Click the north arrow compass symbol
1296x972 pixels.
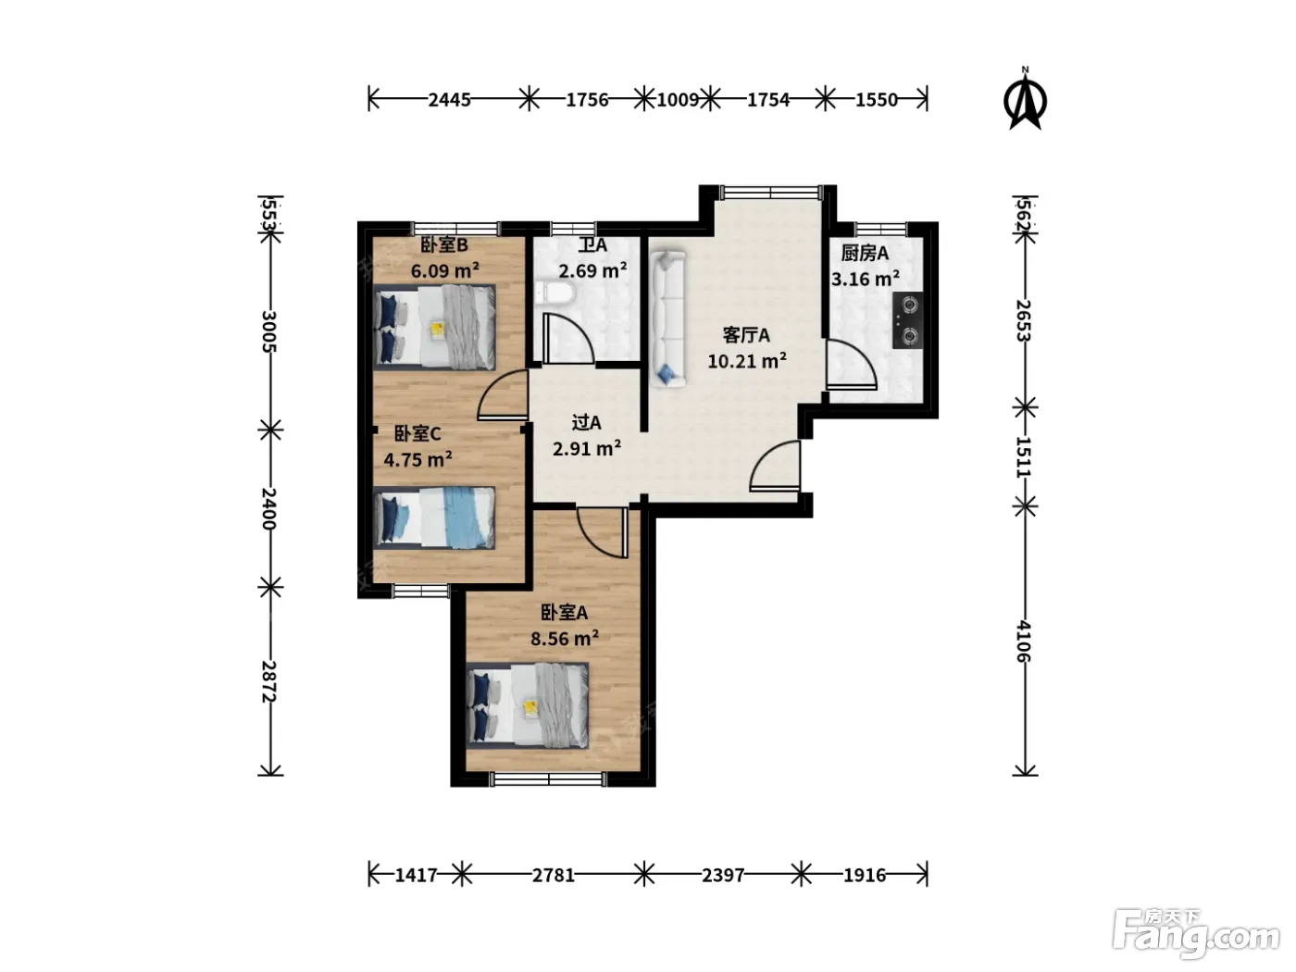click(x=1025, y=99)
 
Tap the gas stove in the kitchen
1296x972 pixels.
click(x=907, y=320)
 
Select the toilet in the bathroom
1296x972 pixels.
click(x=556, y=293)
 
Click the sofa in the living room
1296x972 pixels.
click(x=667, y=318)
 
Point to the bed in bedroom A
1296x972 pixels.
click(x=528, y=705)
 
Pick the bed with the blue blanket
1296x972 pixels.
click(x=434, y=517)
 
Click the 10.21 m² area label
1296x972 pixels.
click(x=747, y=361)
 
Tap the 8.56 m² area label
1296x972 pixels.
click(x=565, y=639)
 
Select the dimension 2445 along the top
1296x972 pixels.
click(x=449, y=100)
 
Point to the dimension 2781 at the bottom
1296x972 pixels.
click(x=554, y=875)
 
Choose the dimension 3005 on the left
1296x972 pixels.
click(x=269, y=331)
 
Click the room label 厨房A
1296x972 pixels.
click(x=865, y=253)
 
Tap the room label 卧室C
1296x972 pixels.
click(x=417, y=434)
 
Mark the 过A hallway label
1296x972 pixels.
click(x=586, y=422)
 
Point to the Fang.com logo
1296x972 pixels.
click(x=1196, y=935)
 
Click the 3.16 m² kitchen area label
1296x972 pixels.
click(x=866, y=279)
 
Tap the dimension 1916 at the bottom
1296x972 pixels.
click(x=865, y=875)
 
